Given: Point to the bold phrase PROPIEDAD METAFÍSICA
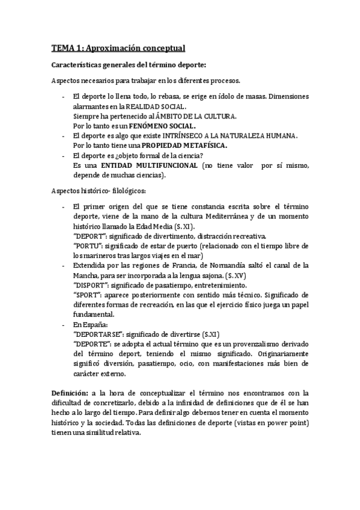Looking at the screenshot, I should pos(183,146).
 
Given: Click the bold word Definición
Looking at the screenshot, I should pos(70,393).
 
